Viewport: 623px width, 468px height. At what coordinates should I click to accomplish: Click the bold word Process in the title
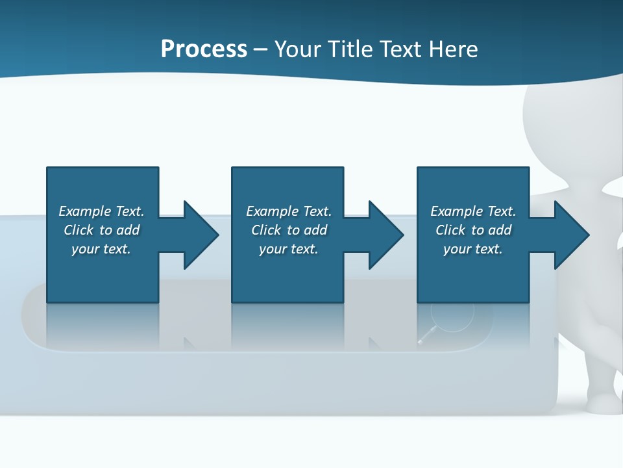tap(204, 49)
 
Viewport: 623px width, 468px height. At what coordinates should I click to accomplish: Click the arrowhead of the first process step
tap(201, 235)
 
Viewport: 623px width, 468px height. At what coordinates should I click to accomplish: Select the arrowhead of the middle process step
tap(385, 235)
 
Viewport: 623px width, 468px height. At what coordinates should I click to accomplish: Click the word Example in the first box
tap(85, 211)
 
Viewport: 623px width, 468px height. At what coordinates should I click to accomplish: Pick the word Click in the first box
tap(79, 230)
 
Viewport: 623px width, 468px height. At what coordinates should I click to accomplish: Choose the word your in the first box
tap(85, 249)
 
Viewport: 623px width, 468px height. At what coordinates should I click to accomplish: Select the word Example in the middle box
tap(273, 211)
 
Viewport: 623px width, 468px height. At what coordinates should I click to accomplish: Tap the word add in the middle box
tap(315, 230)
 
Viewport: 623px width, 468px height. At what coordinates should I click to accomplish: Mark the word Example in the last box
tap(457, 211)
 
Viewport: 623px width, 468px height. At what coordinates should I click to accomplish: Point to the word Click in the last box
tap(450, 230)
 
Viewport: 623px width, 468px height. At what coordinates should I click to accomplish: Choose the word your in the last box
tap(457, 249)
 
